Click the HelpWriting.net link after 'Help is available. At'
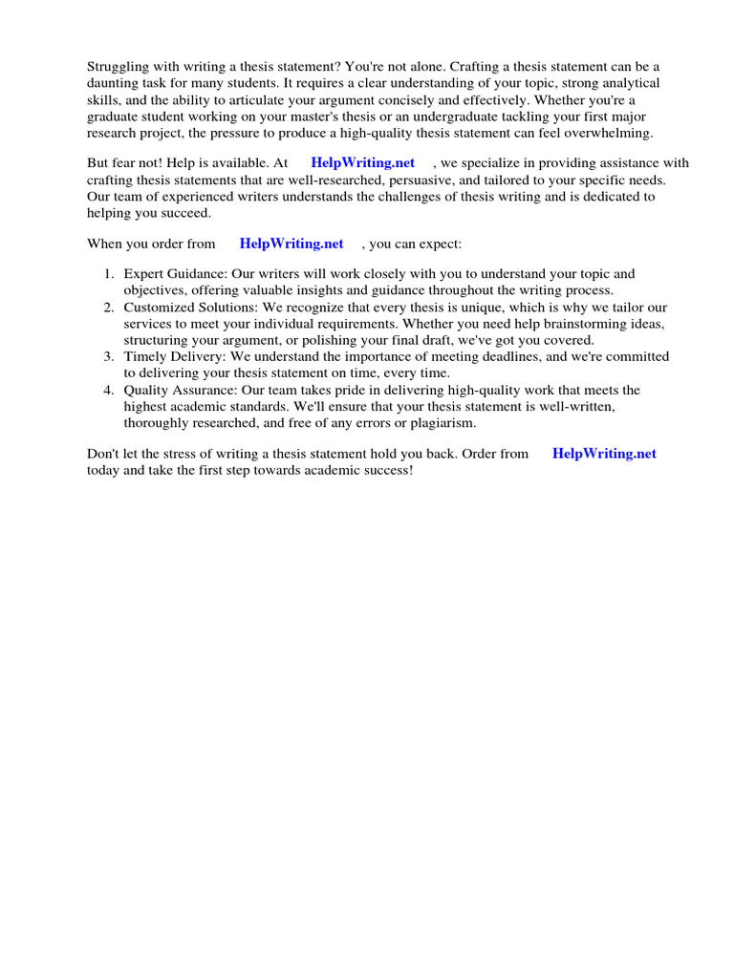[x=363, y=163]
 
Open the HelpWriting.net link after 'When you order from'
[x=291, y=244]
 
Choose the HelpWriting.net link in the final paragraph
[x=604, y=454]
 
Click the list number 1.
[x=108, y=274]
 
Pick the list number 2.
[x=108, y=308]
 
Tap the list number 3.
[x=108, y=357]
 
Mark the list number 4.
[x=108, y=391]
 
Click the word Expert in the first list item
[x=144, y=274]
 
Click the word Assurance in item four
[x=200, y=391]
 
